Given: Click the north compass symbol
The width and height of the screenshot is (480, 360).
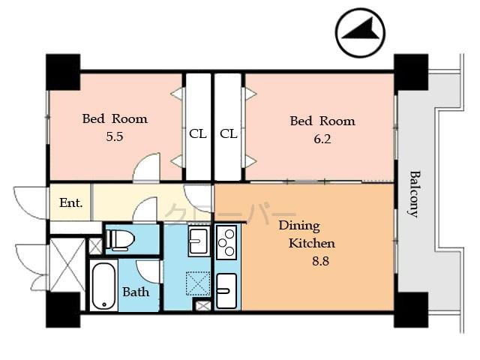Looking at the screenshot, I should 361,32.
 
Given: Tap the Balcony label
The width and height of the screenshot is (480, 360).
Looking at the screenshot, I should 413,193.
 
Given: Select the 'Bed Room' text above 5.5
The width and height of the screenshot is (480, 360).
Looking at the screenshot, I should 115,118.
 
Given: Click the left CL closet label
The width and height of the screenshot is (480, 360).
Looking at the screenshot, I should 197,134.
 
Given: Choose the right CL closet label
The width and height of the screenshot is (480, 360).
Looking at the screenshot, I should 229,134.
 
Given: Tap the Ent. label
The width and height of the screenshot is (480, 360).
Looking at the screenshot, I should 70,202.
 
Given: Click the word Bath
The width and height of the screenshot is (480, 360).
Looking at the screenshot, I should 136,291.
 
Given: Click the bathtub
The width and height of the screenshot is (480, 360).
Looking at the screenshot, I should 103,286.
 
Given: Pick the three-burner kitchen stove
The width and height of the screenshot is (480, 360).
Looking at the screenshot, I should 226,242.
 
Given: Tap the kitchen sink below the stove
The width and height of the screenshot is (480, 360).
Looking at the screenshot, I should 226,288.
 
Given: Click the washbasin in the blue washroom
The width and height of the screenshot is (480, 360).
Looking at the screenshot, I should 199,241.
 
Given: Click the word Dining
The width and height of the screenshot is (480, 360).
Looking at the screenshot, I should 299,225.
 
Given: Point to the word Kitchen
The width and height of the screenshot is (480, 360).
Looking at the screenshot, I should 312,243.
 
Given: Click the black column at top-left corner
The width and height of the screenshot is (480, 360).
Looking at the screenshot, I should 63,72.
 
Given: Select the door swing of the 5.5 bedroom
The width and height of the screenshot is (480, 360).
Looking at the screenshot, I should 148,168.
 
